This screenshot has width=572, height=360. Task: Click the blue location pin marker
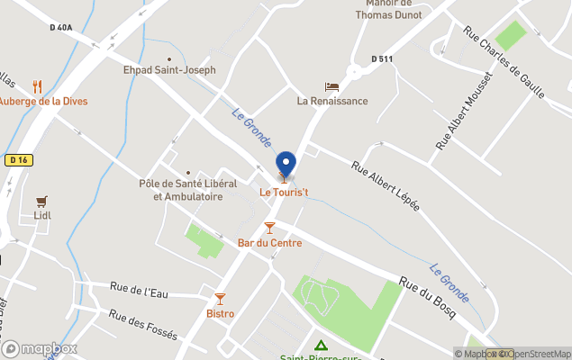click(286, 165)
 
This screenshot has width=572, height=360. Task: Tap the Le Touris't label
click(284, 192)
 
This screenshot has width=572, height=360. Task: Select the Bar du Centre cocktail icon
click(268, 228)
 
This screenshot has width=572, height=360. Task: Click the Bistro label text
click(220, 313)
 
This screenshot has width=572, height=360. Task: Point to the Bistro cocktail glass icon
click(220, 299)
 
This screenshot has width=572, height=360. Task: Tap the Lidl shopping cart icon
click(41, 202)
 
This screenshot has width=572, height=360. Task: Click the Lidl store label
click(41, 216)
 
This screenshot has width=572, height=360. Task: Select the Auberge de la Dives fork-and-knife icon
click(37, 86)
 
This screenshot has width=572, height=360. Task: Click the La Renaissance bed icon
click(332, 87)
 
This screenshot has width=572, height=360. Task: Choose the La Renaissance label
click(332, 101)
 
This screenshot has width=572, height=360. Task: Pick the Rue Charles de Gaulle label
click(504, 62)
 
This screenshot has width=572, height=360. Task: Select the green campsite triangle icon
click(321, 345)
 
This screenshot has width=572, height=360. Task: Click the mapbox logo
click(40, 348)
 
